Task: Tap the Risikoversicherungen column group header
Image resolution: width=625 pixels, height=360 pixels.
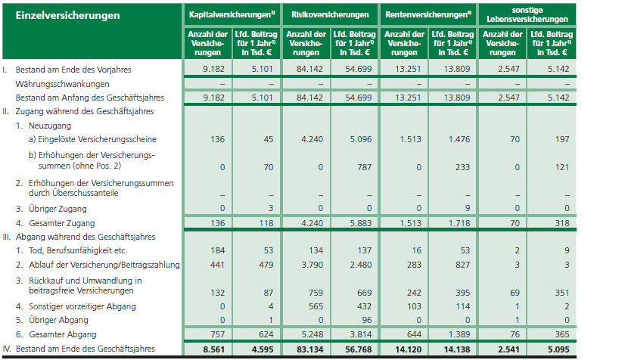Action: (330, 15)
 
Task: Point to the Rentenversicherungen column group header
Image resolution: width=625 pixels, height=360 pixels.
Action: (429, 15)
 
